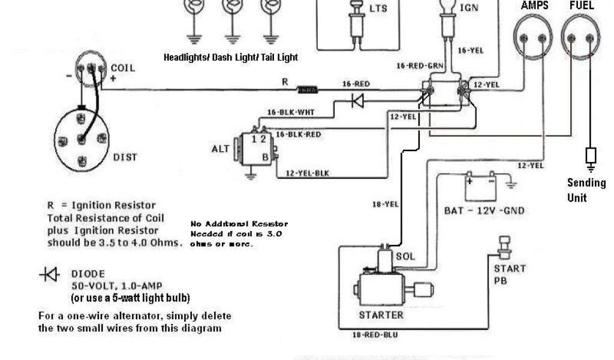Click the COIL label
[x=123, y=68]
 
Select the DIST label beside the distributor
[x=125, y=157]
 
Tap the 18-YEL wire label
[x=384, y=204]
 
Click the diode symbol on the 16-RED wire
[x=358, y=101]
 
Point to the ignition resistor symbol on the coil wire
[x=308, y=90]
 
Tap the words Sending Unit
[x=586, y=190]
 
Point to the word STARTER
[x=381, y=314]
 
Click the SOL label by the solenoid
[x=405, y=256]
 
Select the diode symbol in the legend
[x=49, y=275]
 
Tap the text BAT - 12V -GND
[x=485, y=211]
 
